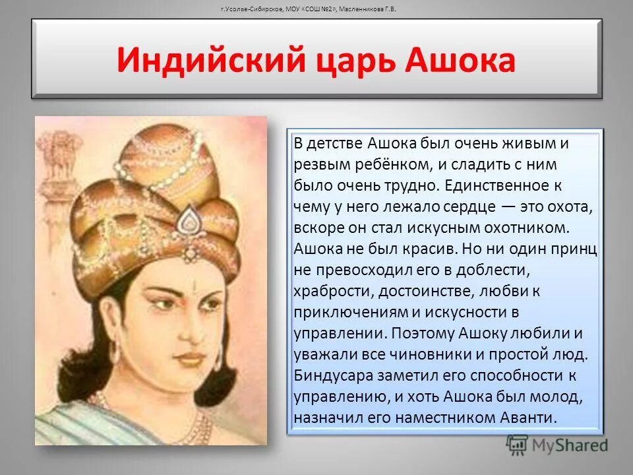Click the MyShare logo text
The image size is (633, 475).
pyautogui.click(x=570, y=445)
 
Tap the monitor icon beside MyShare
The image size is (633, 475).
pyautogui.click(x=518, y=444)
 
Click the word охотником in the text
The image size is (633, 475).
pyautogui.click(x=518, y=228)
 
